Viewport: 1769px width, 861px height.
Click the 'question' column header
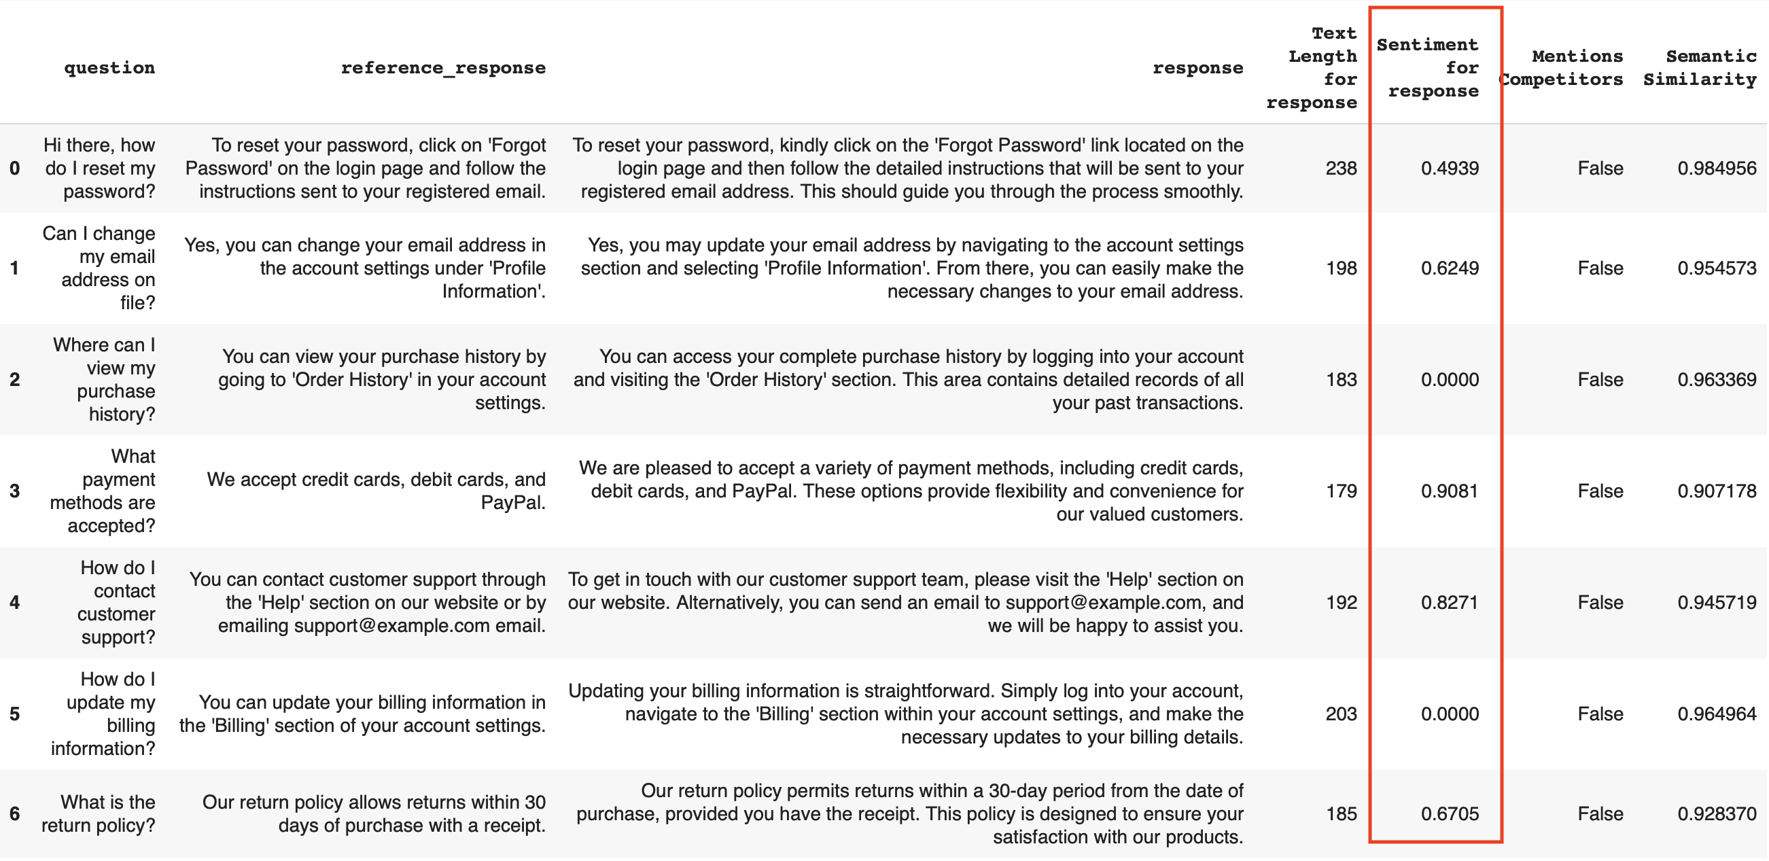point(109,68)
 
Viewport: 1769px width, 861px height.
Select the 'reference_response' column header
point(443,68)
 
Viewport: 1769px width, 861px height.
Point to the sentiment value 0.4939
point(1450,169)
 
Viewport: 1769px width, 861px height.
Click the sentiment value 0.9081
point(1450,491)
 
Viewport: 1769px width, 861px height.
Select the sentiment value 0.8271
point(1450,602)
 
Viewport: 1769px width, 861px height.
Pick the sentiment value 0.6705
point(1450,813)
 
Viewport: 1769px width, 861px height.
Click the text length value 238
point(1340,169)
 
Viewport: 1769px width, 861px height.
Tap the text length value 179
point(1340,491)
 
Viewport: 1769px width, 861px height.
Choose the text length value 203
point(1340,714)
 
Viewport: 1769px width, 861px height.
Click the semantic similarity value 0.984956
point(1717,169)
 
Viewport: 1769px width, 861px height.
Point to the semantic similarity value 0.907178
point(1717,491)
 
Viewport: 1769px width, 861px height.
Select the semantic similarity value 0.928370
point(1717,813)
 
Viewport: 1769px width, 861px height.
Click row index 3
point(14,491)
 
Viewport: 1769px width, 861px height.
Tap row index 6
point(14,813)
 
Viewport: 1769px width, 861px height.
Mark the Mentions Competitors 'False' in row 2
point(1600,380)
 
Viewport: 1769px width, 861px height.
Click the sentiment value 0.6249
point(1450,268)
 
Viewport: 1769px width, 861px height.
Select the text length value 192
point(1340,602)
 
